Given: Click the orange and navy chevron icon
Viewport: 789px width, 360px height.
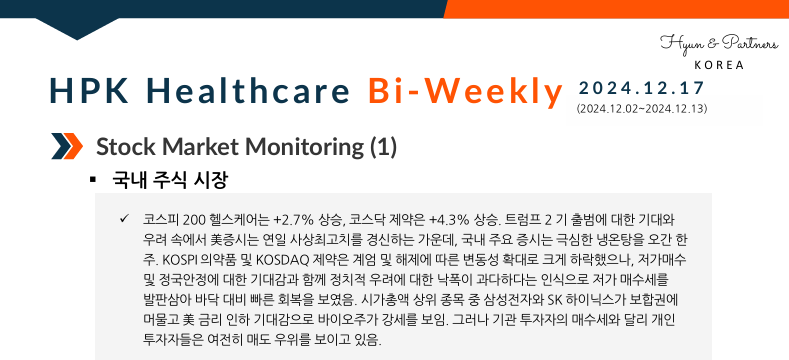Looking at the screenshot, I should click(66, 147).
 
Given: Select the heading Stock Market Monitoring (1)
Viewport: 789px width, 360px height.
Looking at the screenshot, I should click(246, 147).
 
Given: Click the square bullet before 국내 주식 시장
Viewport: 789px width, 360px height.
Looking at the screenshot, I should click(93, 181).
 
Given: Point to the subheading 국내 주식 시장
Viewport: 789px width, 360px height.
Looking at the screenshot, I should click(171, 181).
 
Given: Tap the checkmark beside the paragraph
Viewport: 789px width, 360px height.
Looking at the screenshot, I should click(123, 219).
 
